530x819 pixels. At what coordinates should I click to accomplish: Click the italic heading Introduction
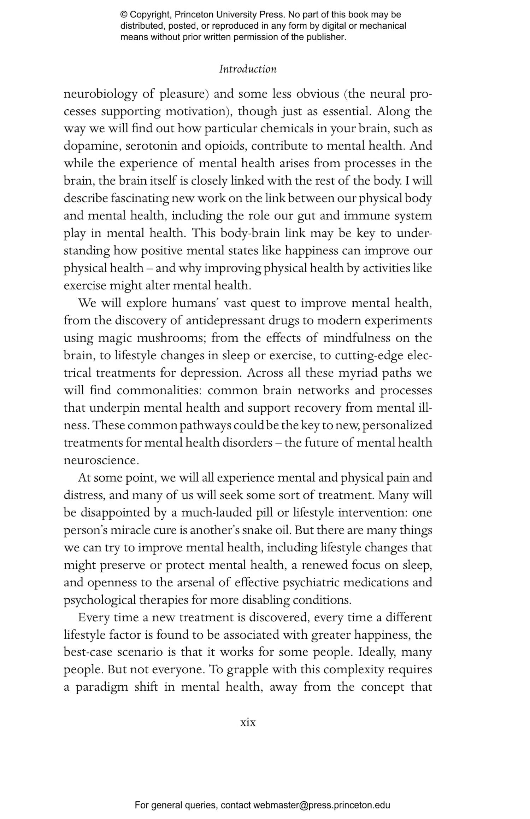(x=248, y=69)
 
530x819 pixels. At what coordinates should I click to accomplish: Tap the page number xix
(x=248, y=722)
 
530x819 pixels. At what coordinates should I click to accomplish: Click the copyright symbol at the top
(x=124, y=15)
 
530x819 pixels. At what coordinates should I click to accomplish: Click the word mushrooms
(x=171, y=338)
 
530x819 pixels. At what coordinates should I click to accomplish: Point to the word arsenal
(x=194, y=582)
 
